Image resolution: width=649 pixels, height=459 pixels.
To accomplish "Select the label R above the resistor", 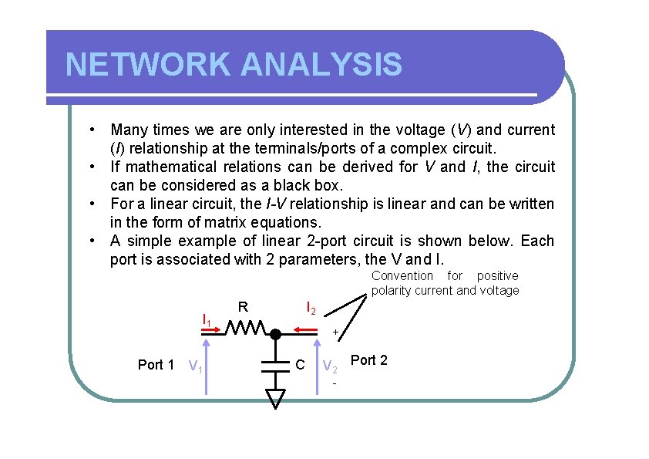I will pyautogui.click(x=243, y=307).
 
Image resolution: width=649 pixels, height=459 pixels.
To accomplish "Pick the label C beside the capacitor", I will pyautogui.click(x=301, y=364).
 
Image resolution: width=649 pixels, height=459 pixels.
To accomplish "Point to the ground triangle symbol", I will pyautogui.click(x=275, y=398).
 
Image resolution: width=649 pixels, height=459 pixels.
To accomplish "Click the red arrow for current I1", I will pyautogui.click(x=214, y=329).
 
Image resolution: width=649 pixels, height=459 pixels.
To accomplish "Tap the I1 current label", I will pyautogui.click(x=207, y=319).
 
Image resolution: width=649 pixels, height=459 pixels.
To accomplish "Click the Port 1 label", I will pyautogui.click(x=155, y=365).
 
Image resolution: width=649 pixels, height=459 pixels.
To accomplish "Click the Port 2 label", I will pyautogui.click(x=369, y=360).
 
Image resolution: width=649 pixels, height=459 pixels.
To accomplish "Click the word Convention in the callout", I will pyautogui.click(x=402, y=275).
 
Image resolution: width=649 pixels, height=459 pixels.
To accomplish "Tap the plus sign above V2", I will pyautogui.click(x=335, y=332).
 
